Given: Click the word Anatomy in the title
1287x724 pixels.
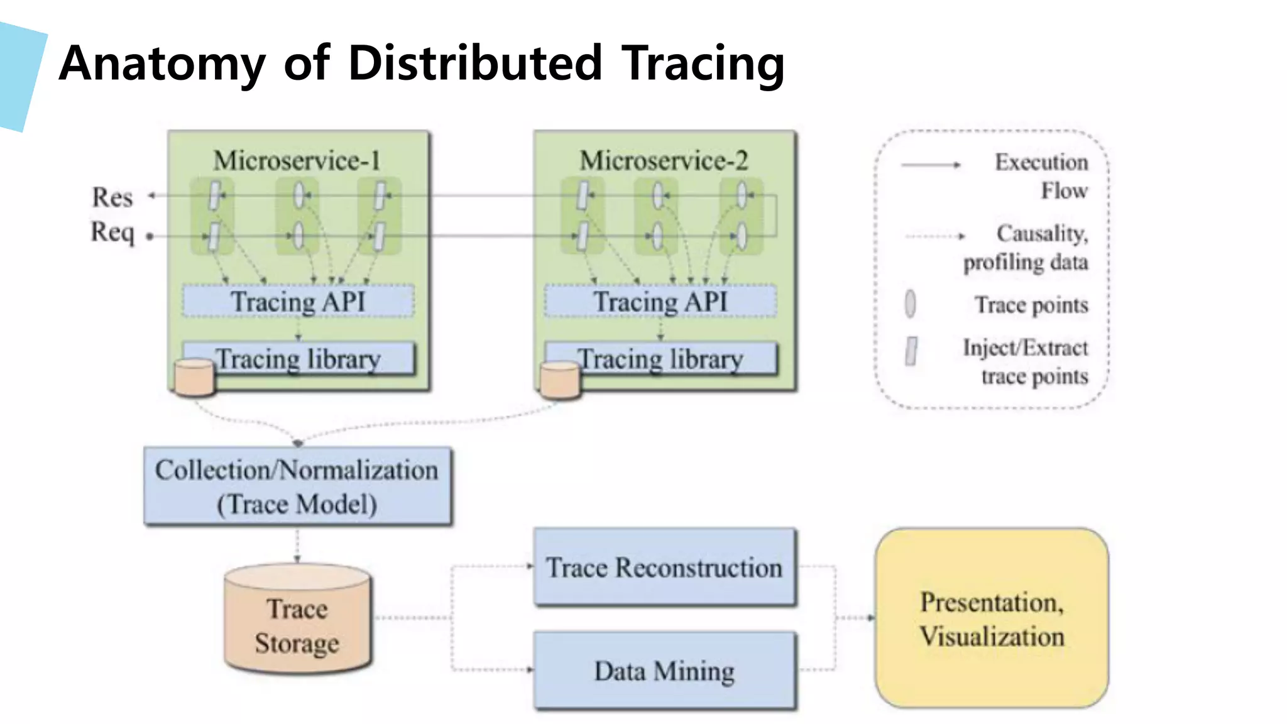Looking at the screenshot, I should (162, 64).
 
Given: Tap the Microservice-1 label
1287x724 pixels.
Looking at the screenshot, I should (297, 161).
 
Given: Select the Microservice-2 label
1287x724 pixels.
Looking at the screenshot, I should (664, 161).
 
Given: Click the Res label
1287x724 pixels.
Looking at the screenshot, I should (112, 197).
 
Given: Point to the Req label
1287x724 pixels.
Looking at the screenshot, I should (112, 232).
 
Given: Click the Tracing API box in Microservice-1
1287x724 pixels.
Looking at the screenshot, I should (298, 301).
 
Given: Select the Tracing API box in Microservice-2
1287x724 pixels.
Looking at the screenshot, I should (660, 301).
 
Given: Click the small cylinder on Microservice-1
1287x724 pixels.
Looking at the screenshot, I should (194, 378).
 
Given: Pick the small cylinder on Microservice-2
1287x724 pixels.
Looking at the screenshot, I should (560, 380).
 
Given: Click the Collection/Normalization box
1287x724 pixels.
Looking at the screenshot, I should (297, 486).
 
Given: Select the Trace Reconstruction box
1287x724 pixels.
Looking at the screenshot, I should (664, 568).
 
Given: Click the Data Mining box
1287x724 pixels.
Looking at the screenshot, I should (664, 671).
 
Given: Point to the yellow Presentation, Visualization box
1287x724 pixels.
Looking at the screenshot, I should (992, 619).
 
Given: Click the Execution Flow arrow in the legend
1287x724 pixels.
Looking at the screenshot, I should (931, 165).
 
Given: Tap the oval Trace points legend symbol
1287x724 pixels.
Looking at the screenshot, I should (910, 304).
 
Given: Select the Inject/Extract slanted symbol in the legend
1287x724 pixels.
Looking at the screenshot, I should (911, 351).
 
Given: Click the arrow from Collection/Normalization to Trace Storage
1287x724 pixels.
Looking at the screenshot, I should (297, 544).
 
